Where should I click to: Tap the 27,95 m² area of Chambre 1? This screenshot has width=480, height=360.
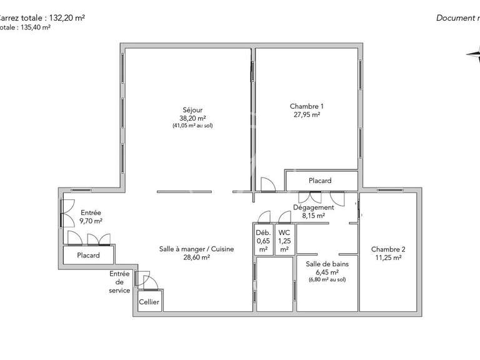(306, 115)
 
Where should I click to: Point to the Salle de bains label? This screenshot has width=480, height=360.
(327, 264)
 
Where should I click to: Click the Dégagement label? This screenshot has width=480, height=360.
(313, 207)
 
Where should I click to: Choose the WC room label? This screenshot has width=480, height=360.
(284, 232)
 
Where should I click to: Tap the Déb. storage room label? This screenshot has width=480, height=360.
(262, 232)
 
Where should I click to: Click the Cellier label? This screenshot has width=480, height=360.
(149, 302)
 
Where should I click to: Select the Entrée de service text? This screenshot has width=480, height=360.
(119, 282)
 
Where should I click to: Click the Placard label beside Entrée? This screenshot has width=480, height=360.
(89, 256)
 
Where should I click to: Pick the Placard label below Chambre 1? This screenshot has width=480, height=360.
(320, 181)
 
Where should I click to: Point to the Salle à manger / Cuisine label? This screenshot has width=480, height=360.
(196, 249)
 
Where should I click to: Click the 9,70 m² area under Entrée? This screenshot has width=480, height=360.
(91, 221)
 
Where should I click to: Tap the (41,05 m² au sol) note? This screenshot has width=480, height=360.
(197, 126)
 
